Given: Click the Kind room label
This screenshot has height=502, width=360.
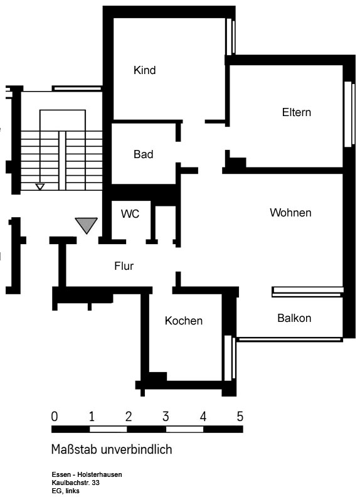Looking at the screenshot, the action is (145, 70).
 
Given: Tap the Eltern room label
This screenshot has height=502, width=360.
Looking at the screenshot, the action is (296, 112).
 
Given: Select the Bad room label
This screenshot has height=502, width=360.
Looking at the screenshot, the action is (144, 154).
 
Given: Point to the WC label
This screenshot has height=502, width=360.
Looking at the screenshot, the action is (130, 214).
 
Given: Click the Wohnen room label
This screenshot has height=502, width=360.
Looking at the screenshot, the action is (290, 213).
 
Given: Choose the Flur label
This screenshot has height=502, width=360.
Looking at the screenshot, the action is (124, 265).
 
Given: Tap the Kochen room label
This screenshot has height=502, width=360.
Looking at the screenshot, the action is (184, 321).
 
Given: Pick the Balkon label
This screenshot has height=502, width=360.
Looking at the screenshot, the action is (294, 318).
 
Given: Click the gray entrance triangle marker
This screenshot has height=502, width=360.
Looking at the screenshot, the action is (87, 225).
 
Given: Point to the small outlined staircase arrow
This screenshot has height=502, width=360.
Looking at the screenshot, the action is (40, 186).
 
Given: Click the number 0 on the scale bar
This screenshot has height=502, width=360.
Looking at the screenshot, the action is (55, 417).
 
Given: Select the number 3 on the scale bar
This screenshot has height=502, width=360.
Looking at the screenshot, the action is (166, 417).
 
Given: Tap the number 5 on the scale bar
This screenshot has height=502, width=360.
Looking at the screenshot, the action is (240, 417).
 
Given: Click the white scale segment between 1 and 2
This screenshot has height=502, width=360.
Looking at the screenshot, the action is (108, 429).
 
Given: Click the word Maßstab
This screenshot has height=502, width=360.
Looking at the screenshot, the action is (74, 449).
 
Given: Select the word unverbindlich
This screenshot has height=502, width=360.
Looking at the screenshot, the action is (137, 449).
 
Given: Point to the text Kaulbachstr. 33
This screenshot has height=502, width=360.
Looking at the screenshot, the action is (75, 483).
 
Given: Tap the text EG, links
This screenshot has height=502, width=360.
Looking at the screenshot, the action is (66, 491).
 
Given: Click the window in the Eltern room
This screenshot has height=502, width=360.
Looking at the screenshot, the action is (349, 114).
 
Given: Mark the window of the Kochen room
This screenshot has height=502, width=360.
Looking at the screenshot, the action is (230, 358).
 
